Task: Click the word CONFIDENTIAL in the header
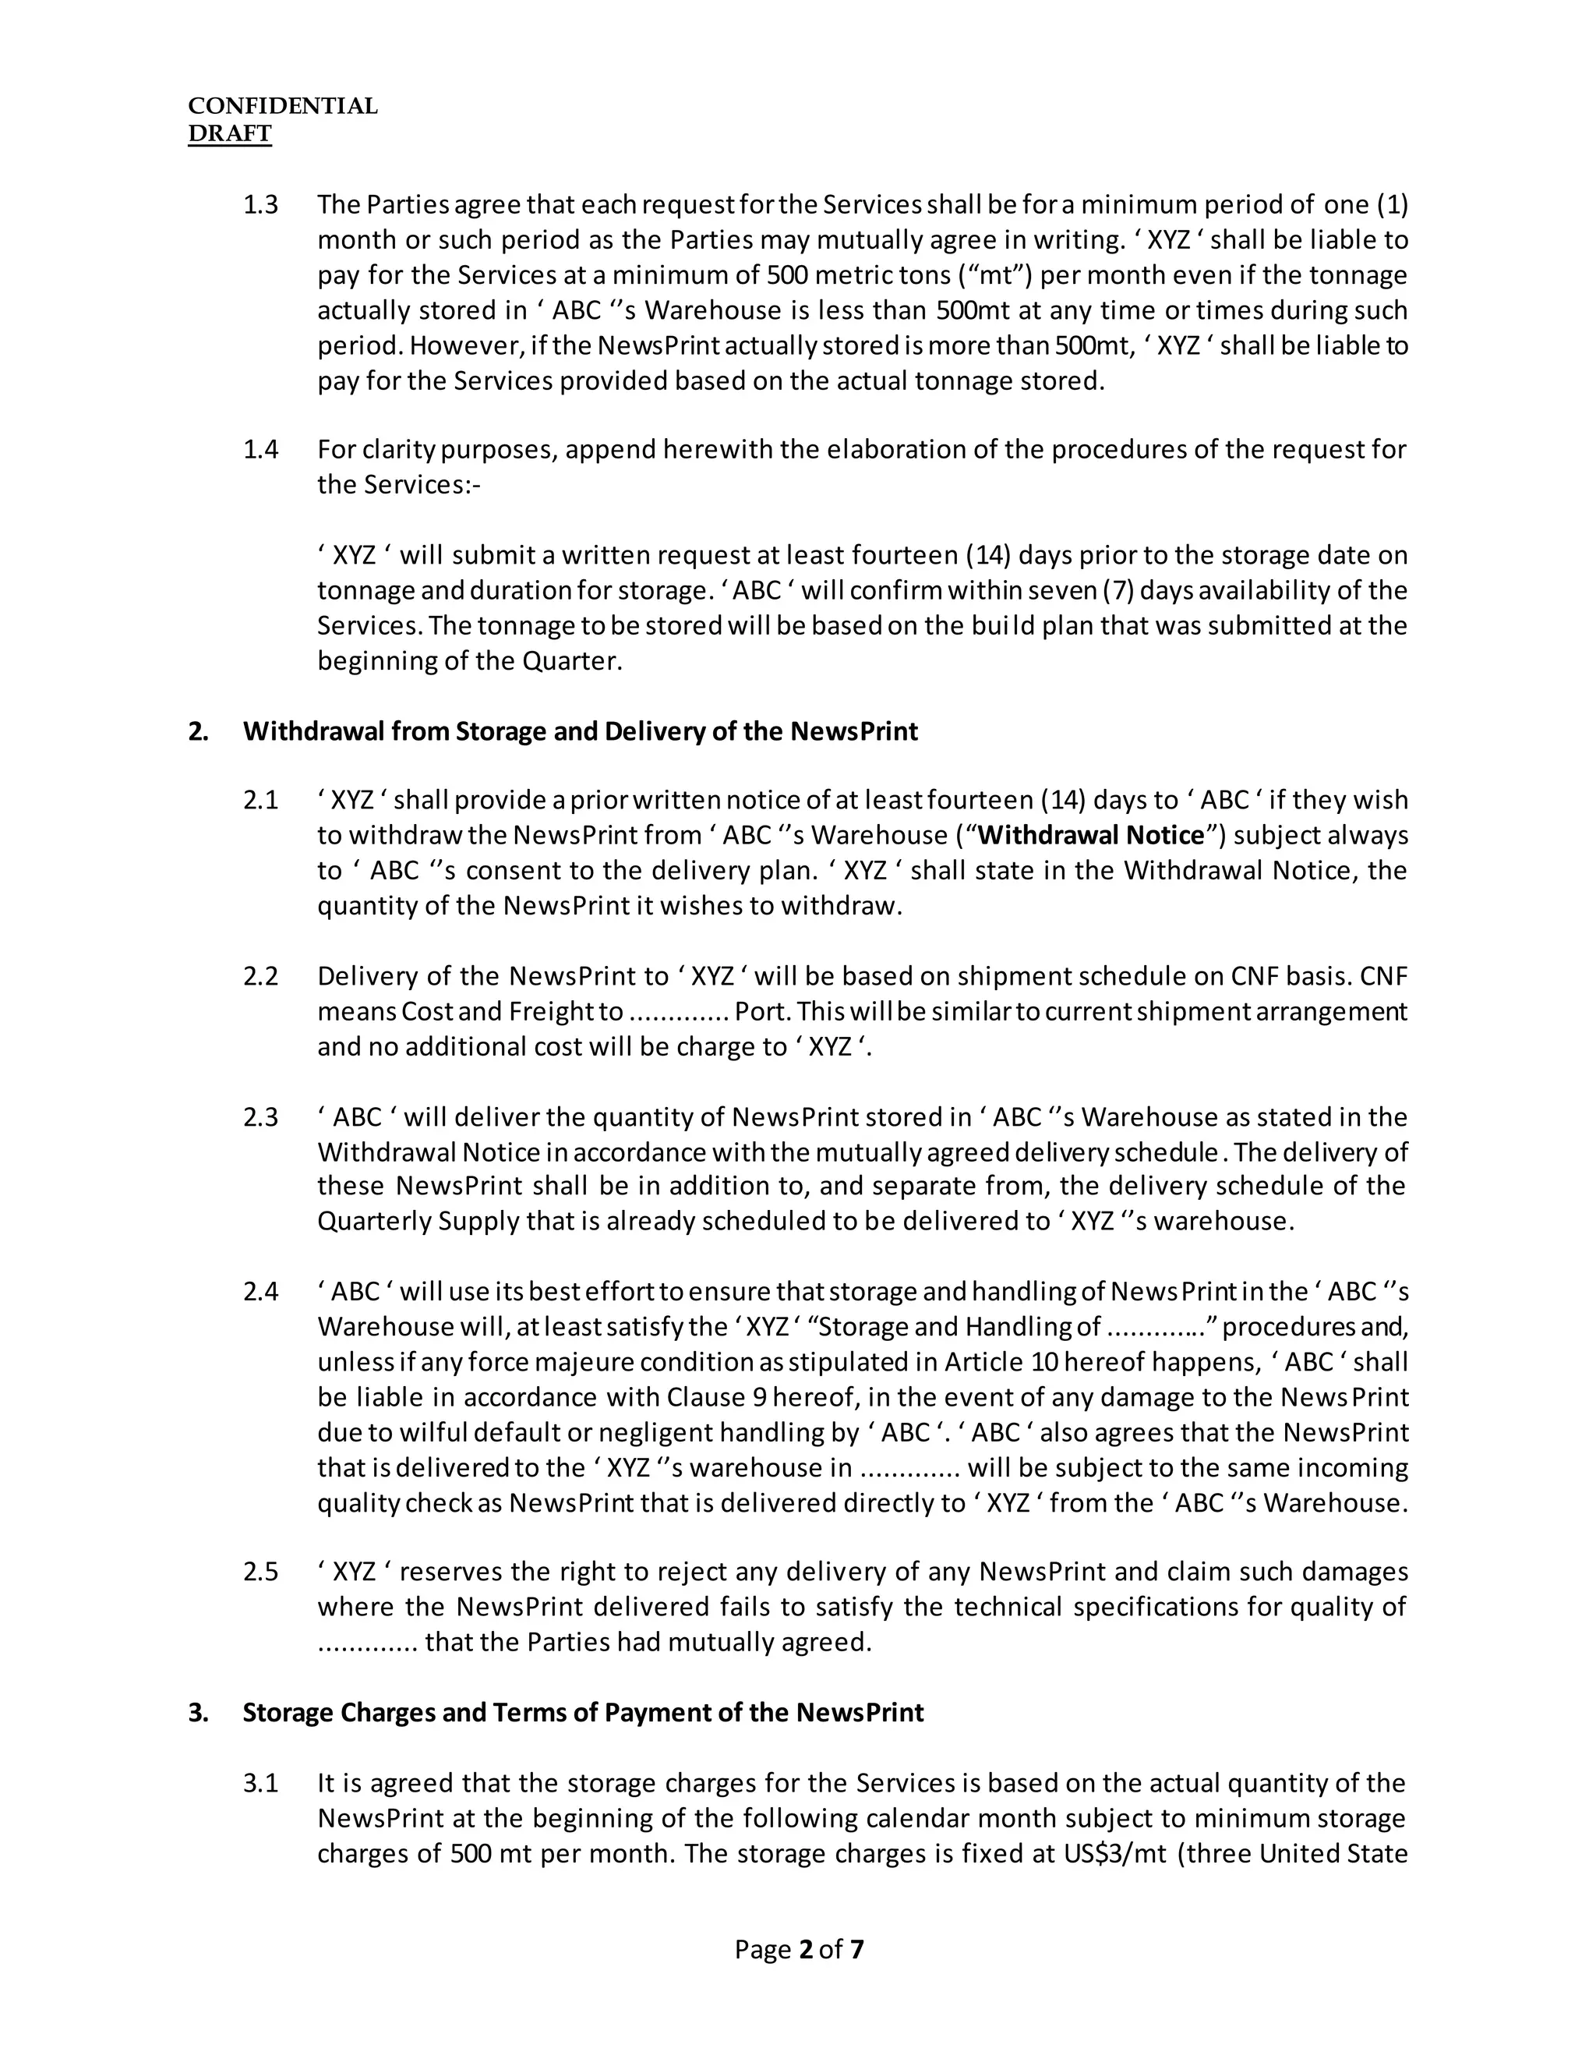tap(283, 106)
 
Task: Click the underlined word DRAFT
tap(230, 133)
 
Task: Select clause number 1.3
tap(261, 205)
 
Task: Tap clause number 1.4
tap(261, 449)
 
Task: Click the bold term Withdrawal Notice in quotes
tap(1091, 835)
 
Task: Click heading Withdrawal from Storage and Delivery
tap(580, 731)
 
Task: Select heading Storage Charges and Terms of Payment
tap(582, 1712)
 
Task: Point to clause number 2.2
tap(261, 976)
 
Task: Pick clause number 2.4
tap(261, 1291)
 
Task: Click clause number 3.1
tap(261, 1783)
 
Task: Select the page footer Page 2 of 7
tap(799, 1950)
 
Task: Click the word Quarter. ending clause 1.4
tap(572, 661)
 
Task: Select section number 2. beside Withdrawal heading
tap(199, 731)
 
